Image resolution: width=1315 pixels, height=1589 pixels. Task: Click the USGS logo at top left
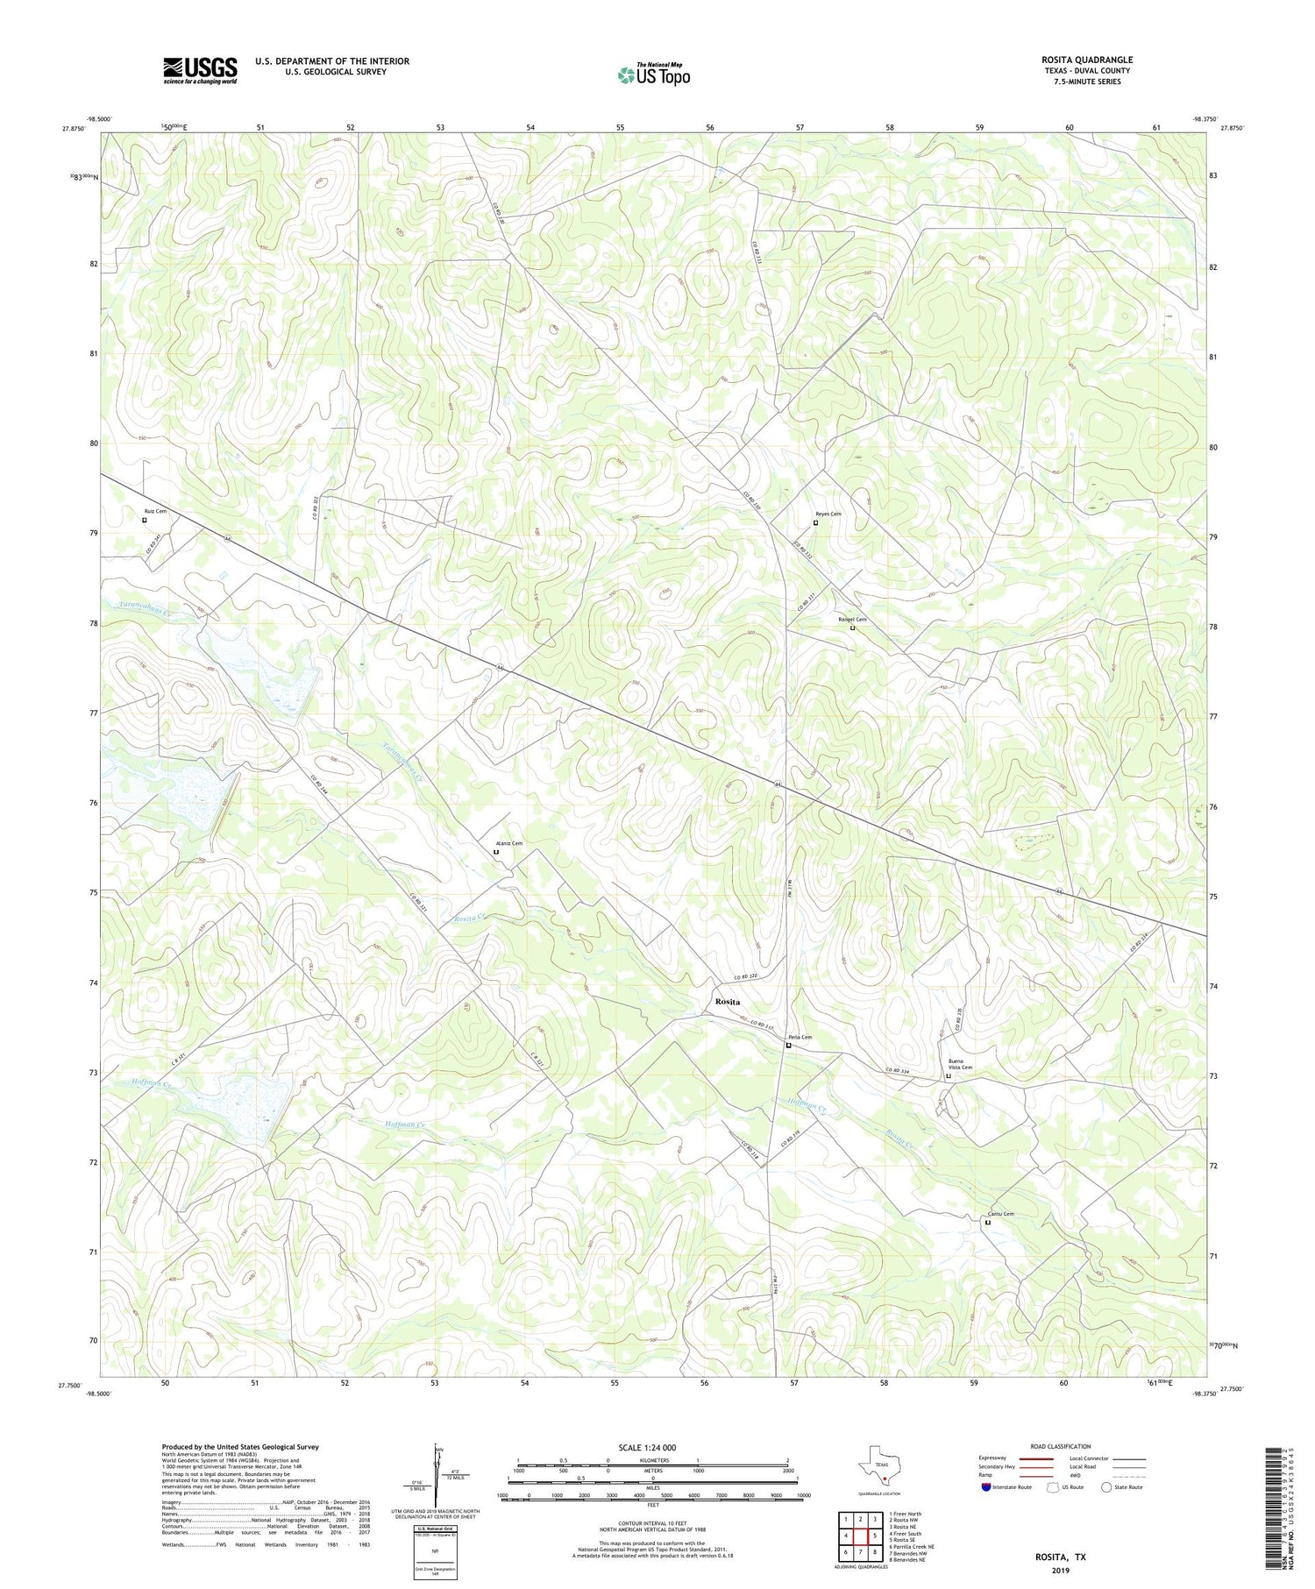click(x=200, y=70)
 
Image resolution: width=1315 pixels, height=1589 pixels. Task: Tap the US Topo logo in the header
click(x=653, y=74)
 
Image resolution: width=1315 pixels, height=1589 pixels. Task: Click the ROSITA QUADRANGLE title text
click(x=1086, y=60)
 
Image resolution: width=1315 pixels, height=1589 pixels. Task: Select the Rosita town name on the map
click(x=727, y=1001)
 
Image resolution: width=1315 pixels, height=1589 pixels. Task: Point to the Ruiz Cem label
click(x=155, y=510)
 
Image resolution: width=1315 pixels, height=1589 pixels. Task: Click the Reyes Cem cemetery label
click(x=828, y=514)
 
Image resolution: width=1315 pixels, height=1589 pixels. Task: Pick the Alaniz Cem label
click(x=508, y=843)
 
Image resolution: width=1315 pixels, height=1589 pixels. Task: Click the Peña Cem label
click(x=799, y=1037)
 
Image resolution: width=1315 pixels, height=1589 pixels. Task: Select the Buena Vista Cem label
click(x=960, y=1064)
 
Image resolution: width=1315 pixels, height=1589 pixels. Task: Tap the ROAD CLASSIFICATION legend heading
click(x=1061, y=1446)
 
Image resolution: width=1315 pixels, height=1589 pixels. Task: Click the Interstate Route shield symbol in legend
click(x=986, y=1486)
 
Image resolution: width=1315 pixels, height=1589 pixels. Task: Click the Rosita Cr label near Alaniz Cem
click(x=471, y=918)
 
